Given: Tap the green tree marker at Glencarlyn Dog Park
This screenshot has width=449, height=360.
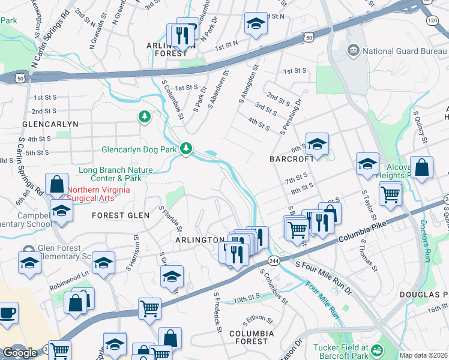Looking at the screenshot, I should tap(187, 148).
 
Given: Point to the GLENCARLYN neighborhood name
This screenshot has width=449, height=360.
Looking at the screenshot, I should tap(50, 124).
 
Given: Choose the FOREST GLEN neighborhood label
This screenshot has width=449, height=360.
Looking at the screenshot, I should tap(117, 215).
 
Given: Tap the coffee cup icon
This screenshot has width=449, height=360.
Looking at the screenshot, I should tap(8, 313).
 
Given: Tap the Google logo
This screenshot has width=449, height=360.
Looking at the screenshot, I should tap(20, 353).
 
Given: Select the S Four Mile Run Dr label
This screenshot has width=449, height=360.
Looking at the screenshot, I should tap(324, 277).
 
